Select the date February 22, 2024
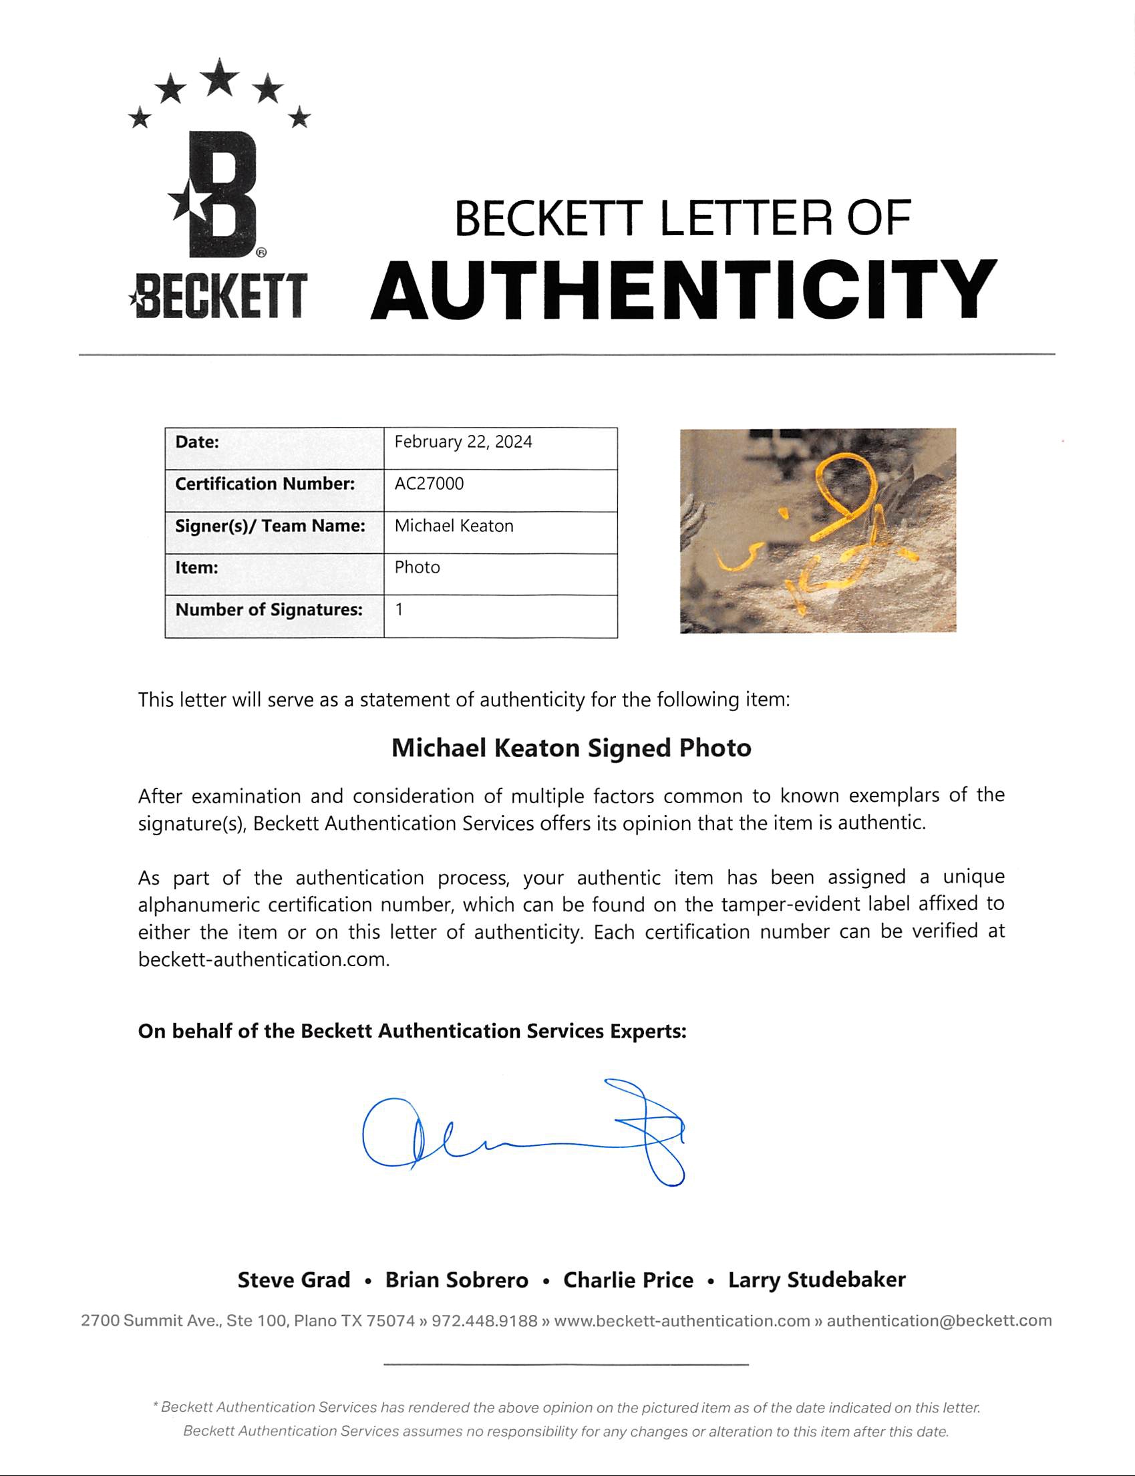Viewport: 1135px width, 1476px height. click(x=463, y=442)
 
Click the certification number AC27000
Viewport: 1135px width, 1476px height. click(x=429, y=484)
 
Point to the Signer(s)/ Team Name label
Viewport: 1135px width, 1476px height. click(x=270, y=526)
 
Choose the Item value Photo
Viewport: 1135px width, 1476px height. click(x=417, y=568)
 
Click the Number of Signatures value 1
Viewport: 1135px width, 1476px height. click(x=399, y=609)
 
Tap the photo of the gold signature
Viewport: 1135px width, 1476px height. click(x=818, y=531)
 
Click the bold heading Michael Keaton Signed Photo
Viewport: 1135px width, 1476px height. click(x=571, y=748)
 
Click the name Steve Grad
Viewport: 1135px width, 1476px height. click(x=293, y=1280)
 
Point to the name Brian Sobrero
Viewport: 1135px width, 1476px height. click(x=457, y=1280)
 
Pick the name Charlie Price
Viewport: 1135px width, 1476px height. click(x=629, y=1280)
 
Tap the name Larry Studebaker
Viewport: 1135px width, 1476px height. click(x=816, y=1280)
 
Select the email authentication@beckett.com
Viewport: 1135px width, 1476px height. click(x=939, y=1320)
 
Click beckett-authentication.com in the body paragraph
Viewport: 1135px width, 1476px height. click(x=263, y=960)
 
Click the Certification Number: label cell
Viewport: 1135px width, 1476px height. click(x=265, y=484)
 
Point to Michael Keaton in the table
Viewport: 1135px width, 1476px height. click(x=454, y=526)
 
